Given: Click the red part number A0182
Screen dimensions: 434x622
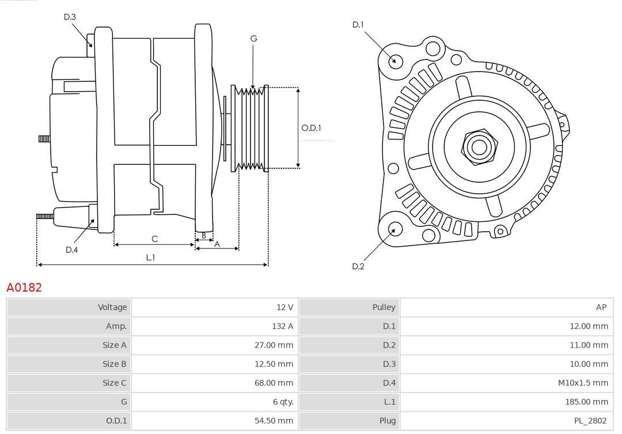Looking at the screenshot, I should click(x=24, y=287).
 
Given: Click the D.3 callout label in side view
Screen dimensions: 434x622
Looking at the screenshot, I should click(x=70, y=17).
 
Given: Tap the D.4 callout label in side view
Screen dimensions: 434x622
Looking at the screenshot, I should click(x=71, y=250).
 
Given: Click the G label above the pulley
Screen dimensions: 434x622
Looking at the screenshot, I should click(x=253, y=39).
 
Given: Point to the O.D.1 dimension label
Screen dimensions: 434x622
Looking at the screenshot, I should click(x=311, y=128).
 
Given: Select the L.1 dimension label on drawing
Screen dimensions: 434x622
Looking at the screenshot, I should click(x=150, y=258).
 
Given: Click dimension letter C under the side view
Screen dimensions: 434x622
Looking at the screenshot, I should click(x=154, y=239).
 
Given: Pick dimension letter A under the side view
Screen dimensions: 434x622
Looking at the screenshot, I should click(x=217, y=244).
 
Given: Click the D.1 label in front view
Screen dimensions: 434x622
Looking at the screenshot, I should click(x=358, y=24).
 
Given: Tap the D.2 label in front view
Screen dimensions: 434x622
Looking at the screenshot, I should click(x=358, y=266).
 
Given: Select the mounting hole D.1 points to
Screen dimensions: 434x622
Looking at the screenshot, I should click(x=395, y=60).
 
